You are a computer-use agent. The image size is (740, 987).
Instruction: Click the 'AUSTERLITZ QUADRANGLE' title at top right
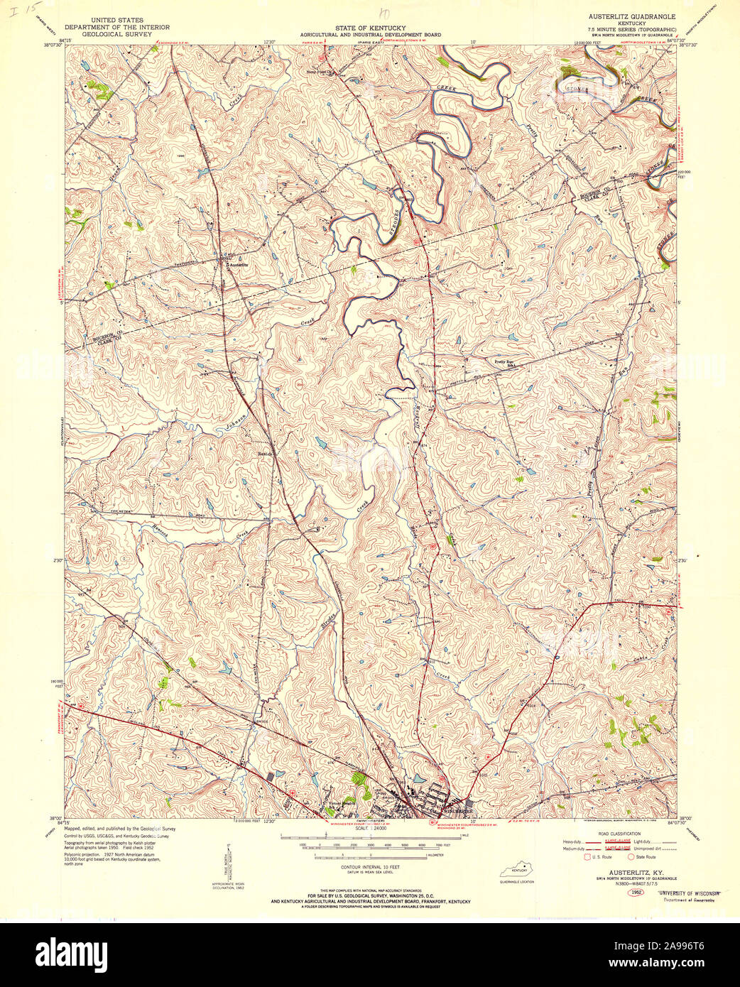click(631, 15)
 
